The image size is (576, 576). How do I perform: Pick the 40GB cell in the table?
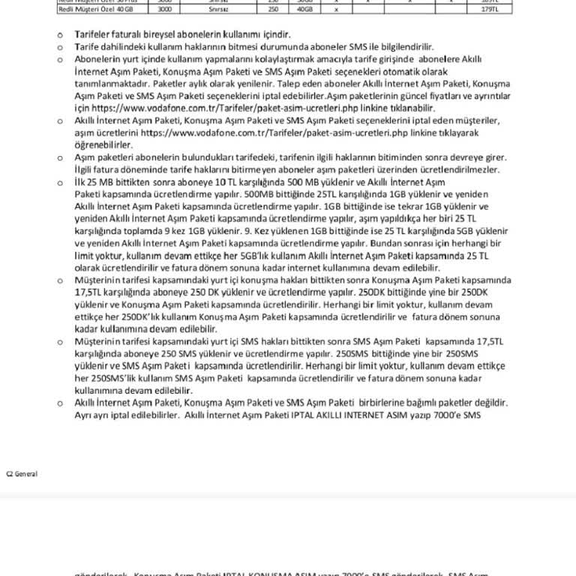304,10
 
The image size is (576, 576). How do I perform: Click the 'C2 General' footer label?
22,474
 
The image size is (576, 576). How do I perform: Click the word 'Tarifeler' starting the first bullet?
92,34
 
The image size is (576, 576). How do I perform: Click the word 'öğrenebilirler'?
103,145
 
